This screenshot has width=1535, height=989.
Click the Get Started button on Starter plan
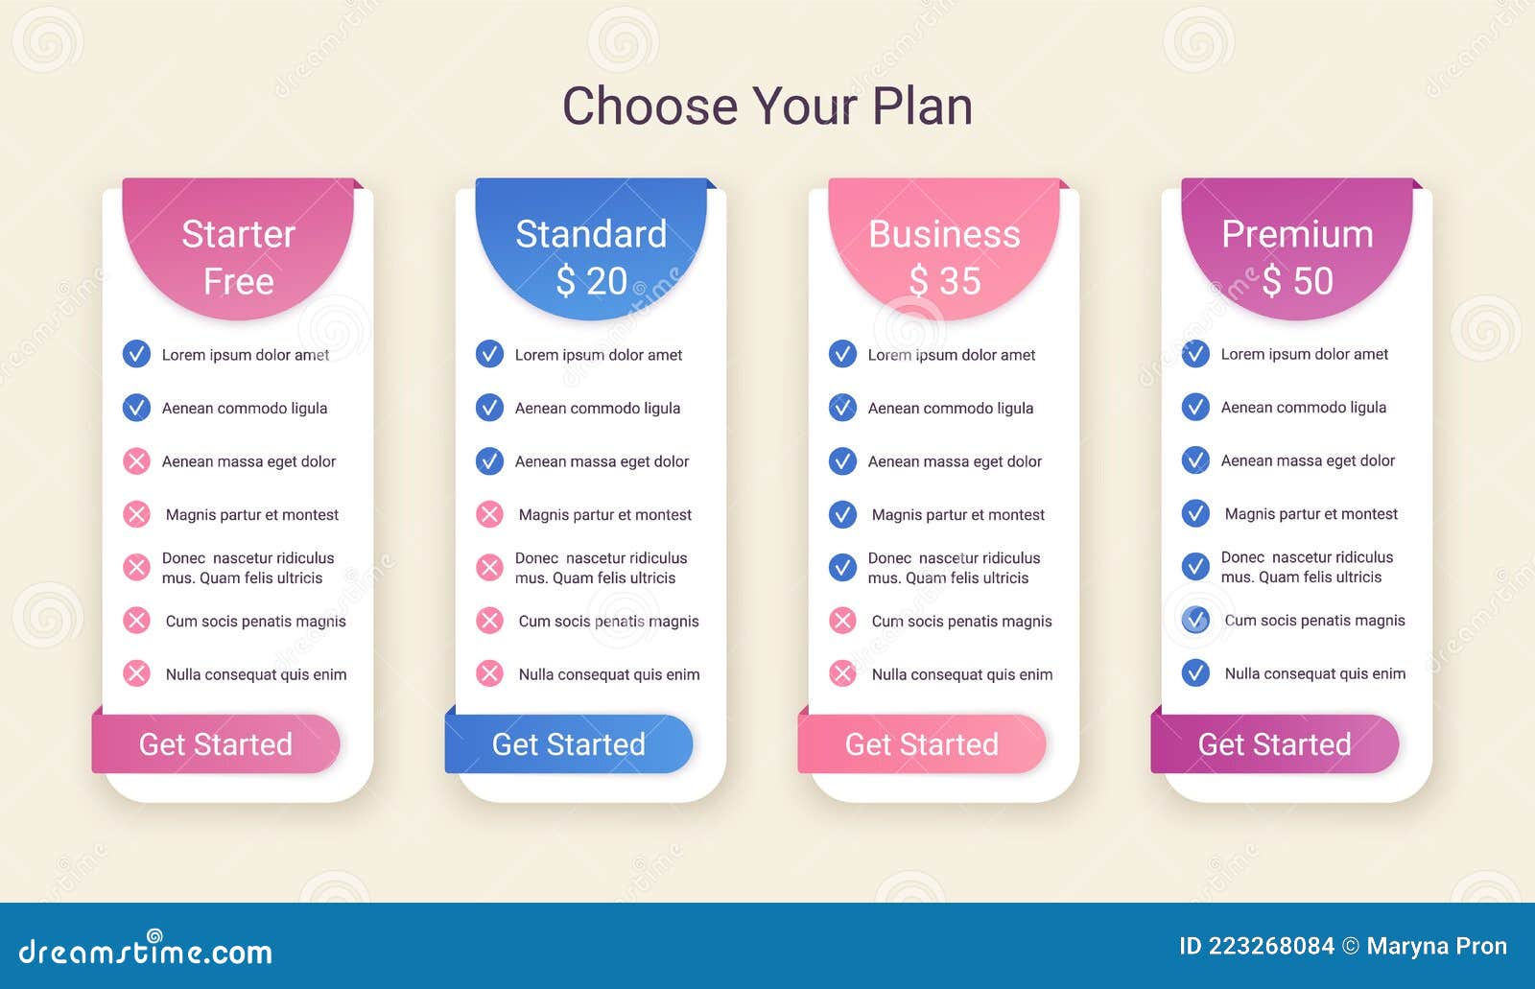coord(216,744)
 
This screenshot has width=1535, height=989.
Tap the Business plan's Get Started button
coord(922,744)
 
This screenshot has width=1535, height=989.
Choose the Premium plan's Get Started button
coord(1275,744)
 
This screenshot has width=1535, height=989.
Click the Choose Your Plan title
coord(767,106)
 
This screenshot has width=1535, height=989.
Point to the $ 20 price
coord(591,281)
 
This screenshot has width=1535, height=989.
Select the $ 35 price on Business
coord(944,281)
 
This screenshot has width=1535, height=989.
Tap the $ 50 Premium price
coord(1297,281)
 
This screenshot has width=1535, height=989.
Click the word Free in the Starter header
coord(238,282)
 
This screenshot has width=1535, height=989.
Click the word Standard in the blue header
coord(591,234)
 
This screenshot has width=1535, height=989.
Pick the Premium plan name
coord(1297,234)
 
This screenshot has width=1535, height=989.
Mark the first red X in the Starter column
coord(136,461)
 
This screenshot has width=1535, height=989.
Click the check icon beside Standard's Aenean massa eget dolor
coord(489,461)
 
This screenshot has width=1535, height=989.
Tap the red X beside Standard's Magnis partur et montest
coord(489,514)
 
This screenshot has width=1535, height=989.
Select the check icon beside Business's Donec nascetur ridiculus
coord(842,567)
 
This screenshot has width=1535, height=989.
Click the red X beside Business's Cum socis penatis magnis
coord(842,621)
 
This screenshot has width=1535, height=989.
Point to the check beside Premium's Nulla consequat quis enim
coord(1195,672)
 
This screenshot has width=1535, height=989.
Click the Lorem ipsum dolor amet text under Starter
coord(245,355)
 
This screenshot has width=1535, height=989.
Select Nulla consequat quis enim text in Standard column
coord(609,674)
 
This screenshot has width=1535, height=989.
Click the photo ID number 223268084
coord(1271,946)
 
